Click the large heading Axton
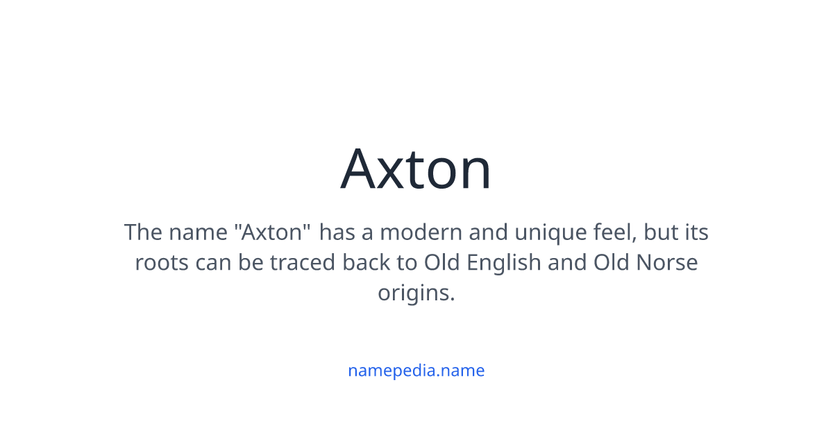tap(416, 169)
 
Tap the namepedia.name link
tap(416, 370)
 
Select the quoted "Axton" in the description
tap(272, 232)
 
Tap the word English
tap(503, 262)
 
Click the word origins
tap(416, 293)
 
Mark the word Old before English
tap(441, 262)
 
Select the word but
tap(660, 232)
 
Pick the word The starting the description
tap(143, 232)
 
